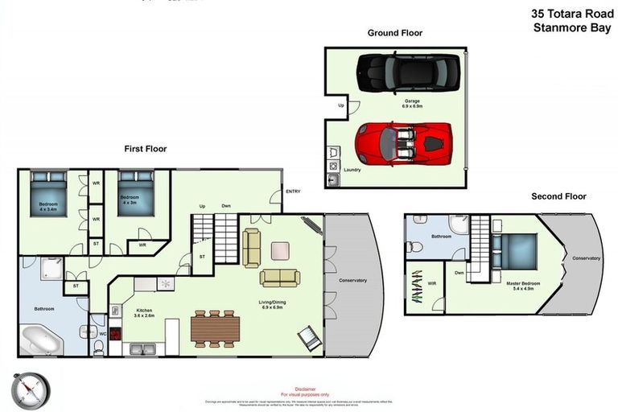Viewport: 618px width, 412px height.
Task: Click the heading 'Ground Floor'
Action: pos(394,33)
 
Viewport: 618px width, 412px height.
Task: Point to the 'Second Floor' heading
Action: pos(558,196)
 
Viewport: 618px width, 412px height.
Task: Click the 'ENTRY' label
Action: pos(293,192)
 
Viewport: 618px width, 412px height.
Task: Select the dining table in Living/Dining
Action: pos(215,328)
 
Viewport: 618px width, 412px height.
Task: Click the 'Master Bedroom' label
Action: pos(524,285)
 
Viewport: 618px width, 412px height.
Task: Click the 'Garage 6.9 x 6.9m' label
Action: pos(412,104)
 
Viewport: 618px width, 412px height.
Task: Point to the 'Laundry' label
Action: pos(352,170)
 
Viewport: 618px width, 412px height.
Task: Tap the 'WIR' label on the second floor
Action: pos(432,282)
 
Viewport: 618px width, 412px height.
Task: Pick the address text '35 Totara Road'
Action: pos(573,14)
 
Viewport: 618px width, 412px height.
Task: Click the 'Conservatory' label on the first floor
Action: pos(352,280)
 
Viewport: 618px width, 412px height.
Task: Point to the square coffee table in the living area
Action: pos(280,250)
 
